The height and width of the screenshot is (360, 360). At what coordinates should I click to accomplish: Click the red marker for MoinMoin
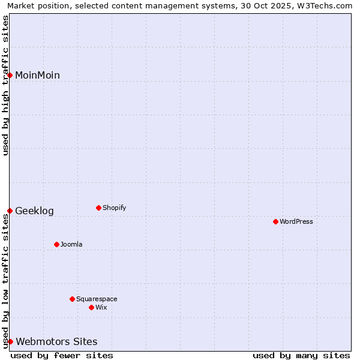tap(10, 75)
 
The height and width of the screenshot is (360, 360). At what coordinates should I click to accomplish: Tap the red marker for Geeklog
tap(10, 211)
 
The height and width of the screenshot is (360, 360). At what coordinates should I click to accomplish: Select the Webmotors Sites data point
tap(10, 341)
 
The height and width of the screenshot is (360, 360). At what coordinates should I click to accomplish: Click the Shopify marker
tap(98, 208)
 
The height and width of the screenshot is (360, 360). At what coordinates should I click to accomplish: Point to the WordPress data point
tap(275, 221)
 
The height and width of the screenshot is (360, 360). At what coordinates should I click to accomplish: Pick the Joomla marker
tap(56, 244)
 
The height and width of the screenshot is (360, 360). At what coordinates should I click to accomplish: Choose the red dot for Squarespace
tap(72, 299)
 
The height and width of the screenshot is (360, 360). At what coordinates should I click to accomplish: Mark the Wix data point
tap(91, 307)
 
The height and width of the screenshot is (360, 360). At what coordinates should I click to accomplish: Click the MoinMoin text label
tap(37, 75)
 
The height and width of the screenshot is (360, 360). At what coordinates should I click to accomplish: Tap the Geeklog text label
tap(34, 211)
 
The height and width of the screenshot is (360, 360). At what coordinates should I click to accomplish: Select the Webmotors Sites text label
tap(56, 341)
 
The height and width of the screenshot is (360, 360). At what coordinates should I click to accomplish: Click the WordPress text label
tap(296, 221)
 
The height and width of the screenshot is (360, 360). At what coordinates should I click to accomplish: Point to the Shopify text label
tap(114, 208)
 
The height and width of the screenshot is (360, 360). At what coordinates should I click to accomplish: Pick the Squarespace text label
tap(97, 299)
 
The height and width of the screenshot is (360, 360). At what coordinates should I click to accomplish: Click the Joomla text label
tap(71, 244)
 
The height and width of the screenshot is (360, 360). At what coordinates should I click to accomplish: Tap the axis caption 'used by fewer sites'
tap(62, 355)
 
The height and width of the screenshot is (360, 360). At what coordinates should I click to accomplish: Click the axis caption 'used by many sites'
tap(301, 355)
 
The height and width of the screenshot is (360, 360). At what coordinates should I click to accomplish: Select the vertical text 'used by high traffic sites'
tap(5, 85)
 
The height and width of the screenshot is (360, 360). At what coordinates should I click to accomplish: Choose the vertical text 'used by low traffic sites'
tap(5, 281)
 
